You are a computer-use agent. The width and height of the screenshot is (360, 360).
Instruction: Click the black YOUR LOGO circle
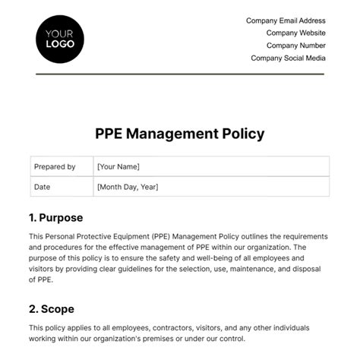tap(60, 38)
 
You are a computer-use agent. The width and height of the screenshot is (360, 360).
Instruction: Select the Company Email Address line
tap(286, 21)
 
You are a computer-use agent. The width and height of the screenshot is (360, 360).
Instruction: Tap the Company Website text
tap(295, 33)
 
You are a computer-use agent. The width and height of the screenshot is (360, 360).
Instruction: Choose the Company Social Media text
tap(288, 58)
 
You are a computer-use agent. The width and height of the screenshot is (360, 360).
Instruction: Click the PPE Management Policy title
tap(179, 134)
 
